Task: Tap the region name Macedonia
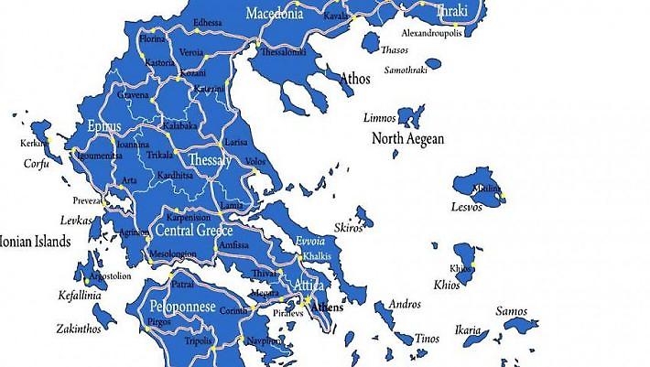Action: click(275, 14)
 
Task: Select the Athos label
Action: click(355, 80)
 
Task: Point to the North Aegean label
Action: click(407, 139)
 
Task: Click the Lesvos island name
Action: click(466, 207)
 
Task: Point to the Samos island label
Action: click(512, 311)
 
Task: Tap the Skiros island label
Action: click(349, 228)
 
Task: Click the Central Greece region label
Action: click(193, 230)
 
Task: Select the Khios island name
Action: click(447, 285)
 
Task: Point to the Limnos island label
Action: click(380, 118)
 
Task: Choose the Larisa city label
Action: click(235, 143)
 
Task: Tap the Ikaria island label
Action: click(467, 330)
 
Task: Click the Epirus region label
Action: click(103, 126)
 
